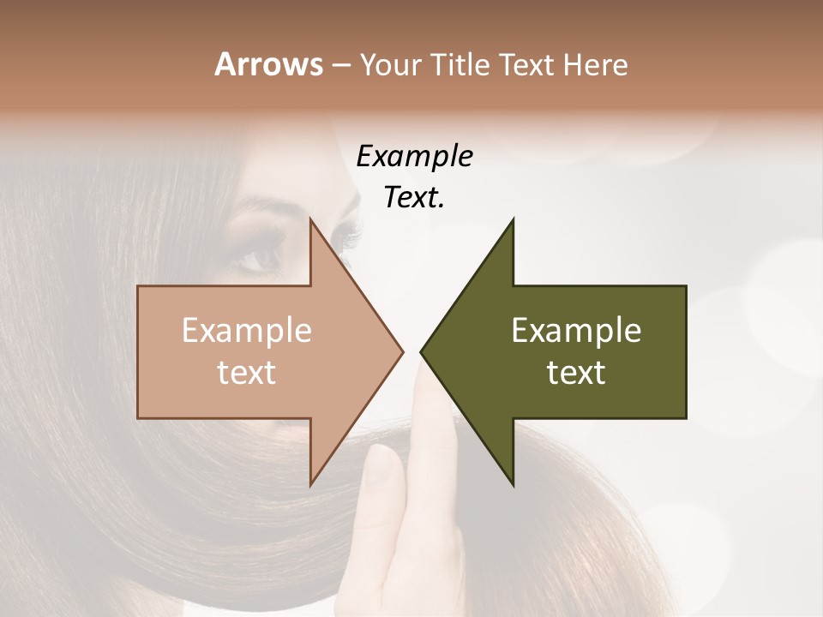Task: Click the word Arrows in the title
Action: click(268, 64)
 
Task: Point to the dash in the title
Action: click(339, 66)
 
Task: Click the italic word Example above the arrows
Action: click(414, 157)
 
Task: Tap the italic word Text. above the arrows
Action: click(414, 197)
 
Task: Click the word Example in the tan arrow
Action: click(247, 331)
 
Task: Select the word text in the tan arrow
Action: click(247, 373)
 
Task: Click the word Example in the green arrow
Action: click(576, 331)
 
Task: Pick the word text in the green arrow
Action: click(576, 373)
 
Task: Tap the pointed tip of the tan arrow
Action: click(401, 351)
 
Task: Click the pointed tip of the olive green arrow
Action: click(423, 351)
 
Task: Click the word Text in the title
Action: click(526, 65)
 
